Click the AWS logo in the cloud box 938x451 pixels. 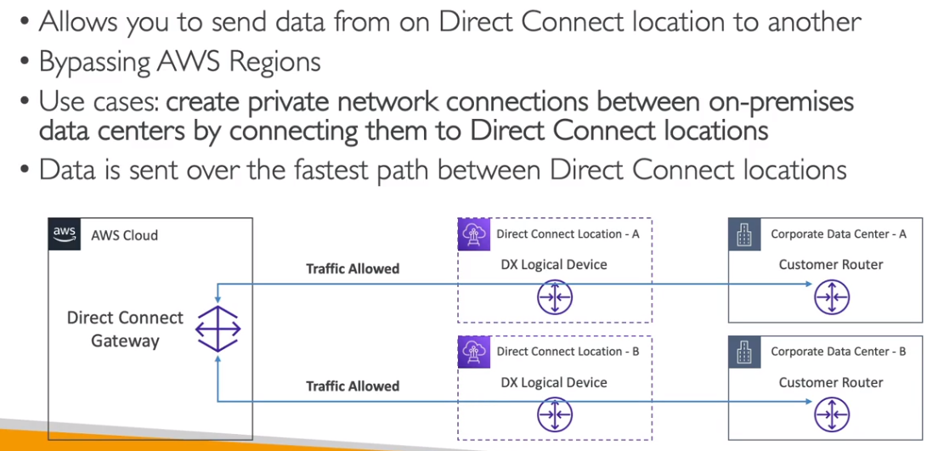coord(65,234)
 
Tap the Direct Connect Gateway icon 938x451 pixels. coord(218,329)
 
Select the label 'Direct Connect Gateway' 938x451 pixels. coord(125,329)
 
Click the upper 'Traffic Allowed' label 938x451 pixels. coord(353,268)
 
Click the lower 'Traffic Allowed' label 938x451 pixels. coord(353,386)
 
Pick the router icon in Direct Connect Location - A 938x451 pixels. coord(555,297)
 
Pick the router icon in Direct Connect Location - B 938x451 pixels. coord(555,414)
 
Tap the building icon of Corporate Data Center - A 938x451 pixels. coord(744,234)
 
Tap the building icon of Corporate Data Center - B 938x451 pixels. coord(744,352)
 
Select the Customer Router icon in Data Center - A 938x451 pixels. coord(832,297)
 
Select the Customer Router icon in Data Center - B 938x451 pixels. coord(832,414)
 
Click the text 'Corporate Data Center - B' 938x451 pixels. coord(838,352)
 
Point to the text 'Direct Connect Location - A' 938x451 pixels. coord(568,234)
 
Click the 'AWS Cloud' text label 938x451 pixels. coord(124,235)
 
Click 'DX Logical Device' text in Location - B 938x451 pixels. coord(554,382)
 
